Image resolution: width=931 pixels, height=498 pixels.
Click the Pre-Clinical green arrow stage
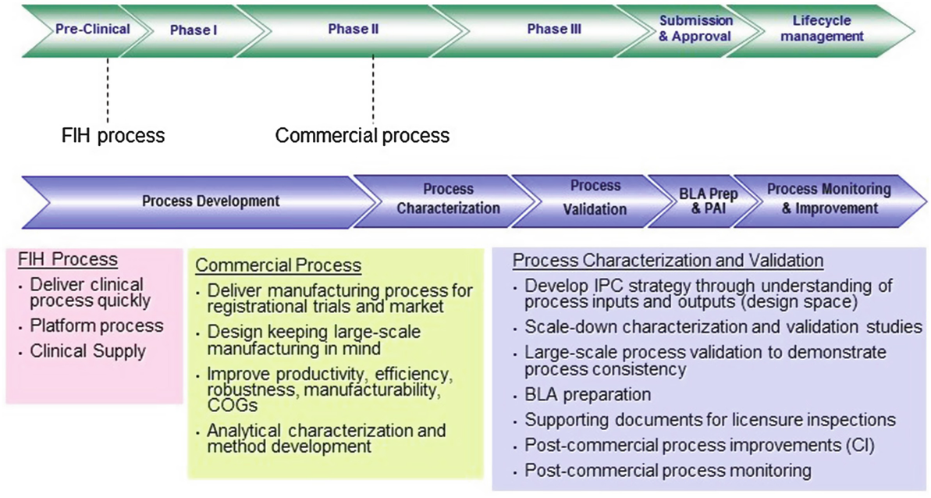tap(91, 30)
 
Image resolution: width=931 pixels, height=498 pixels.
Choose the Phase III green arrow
tap(554, 30)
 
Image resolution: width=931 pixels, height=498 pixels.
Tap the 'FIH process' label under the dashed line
tap(113, 135)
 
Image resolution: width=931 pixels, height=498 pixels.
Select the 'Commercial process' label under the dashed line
tap(362, 135)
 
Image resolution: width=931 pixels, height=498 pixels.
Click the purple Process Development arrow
tap(210, 201)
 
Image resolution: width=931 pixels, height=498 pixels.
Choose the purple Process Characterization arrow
tap(448, 199)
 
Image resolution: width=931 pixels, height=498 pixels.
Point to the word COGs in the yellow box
tap(226, 405)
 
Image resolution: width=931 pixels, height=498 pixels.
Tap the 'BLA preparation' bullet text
tap(588, 395)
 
